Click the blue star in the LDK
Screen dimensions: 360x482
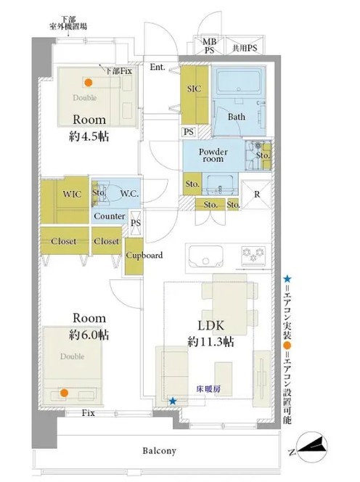(173, 401)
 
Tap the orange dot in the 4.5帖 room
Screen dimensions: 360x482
(89, 82)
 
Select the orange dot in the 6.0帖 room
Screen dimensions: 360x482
(64, 393)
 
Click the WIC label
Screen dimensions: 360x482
(73, 195)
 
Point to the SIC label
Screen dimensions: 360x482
(194, 89)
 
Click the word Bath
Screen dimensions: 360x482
(237, 117)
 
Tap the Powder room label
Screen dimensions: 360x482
(213, 155)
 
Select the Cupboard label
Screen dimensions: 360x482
(144, 256)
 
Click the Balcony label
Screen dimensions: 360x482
(159, 451)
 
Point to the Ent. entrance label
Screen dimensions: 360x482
(157, 67)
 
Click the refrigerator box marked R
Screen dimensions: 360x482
(257, 195)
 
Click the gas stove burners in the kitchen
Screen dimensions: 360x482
(253, 255)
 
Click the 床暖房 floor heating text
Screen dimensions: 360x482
(208, 389)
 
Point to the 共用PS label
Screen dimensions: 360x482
(245, 48)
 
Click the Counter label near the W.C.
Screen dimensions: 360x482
(110, 216)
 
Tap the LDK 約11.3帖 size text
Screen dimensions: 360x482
(211, 341)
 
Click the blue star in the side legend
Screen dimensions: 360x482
(287, 279)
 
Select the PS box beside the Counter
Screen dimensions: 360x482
(136, 223)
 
